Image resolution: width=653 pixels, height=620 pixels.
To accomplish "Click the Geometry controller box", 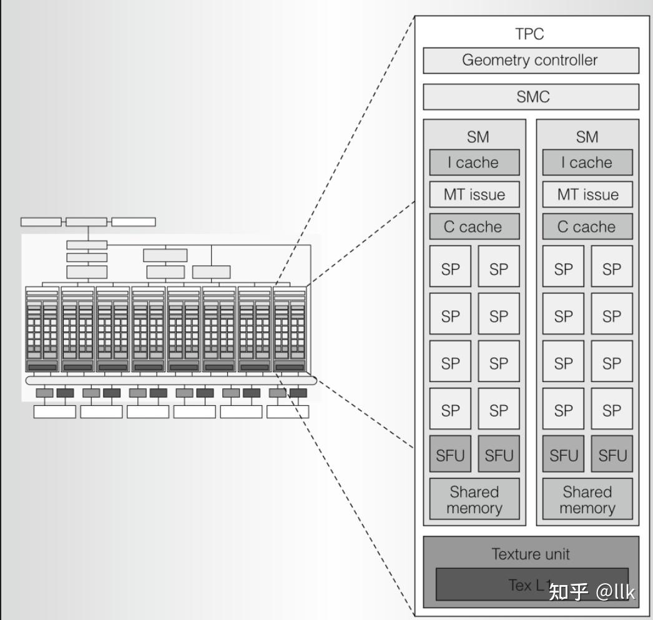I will [x=531, y=61].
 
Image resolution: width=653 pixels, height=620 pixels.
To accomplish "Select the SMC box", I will [x=531, y=97].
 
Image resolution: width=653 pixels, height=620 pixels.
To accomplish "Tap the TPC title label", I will [x=529, y=34].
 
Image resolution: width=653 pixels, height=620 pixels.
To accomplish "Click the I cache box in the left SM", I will [x=474, y=163].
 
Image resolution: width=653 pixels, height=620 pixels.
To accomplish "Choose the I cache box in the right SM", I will [x=587, y=163].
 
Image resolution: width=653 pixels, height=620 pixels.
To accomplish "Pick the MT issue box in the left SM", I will [x=474, y=195].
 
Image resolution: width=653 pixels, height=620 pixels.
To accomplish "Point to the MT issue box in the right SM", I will [x=587, y=195].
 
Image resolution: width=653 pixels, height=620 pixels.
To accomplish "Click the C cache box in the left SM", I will [x=474, y=227].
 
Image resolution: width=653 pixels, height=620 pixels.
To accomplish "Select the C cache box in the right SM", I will [x=587, y=227].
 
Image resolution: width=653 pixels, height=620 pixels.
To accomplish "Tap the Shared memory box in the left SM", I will [x=474, y=499].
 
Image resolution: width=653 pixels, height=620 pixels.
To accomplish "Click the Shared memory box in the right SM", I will [x=587, y=499].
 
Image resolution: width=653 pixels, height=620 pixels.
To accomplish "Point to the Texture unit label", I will [x=531, y=554].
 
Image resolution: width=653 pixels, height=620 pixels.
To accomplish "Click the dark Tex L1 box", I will [x=493, y=584].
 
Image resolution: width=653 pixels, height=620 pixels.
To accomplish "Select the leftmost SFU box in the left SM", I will [x=450, y=456].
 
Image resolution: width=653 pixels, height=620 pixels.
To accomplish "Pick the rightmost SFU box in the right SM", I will [x=612, y=456].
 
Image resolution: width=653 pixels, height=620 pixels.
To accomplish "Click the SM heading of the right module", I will [x=587, y=137].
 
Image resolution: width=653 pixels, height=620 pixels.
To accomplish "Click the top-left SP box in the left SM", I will [x=450, y=268].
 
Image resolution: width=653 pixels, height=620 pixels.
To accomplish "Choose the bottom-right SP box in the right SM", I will [x=612, y=410].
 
